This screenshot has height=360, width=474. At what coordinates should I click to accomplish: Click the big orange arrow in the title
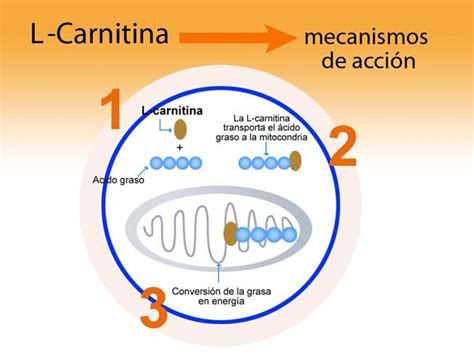pos(236,39)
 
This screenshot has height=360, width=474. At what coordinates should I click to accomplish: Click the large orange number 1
pos(114,113)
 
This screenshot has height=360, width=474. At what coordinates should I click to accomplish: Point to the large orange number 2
pos(342,146)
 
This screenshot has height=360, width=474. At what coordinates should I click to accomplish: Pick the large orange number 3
pos(152,309)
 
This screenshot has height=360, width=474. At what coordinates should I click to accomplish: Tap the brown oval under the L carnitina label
pos(180,128)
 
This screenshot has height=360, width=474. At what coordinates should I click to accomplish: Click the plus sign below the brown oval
pos(180,146)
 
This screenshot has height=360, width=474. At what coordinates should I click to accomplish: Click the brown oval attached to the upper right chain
pos(296,162)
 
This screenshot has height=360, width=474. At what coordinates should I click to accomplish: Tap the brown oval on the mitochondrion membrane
pos(230,234)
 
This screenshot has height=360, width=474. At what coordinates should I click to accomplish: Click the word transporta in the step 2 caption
pos(244,128)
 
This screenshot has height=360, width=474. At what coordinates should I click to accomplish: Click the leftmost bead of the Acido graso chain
pos(156,163)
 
